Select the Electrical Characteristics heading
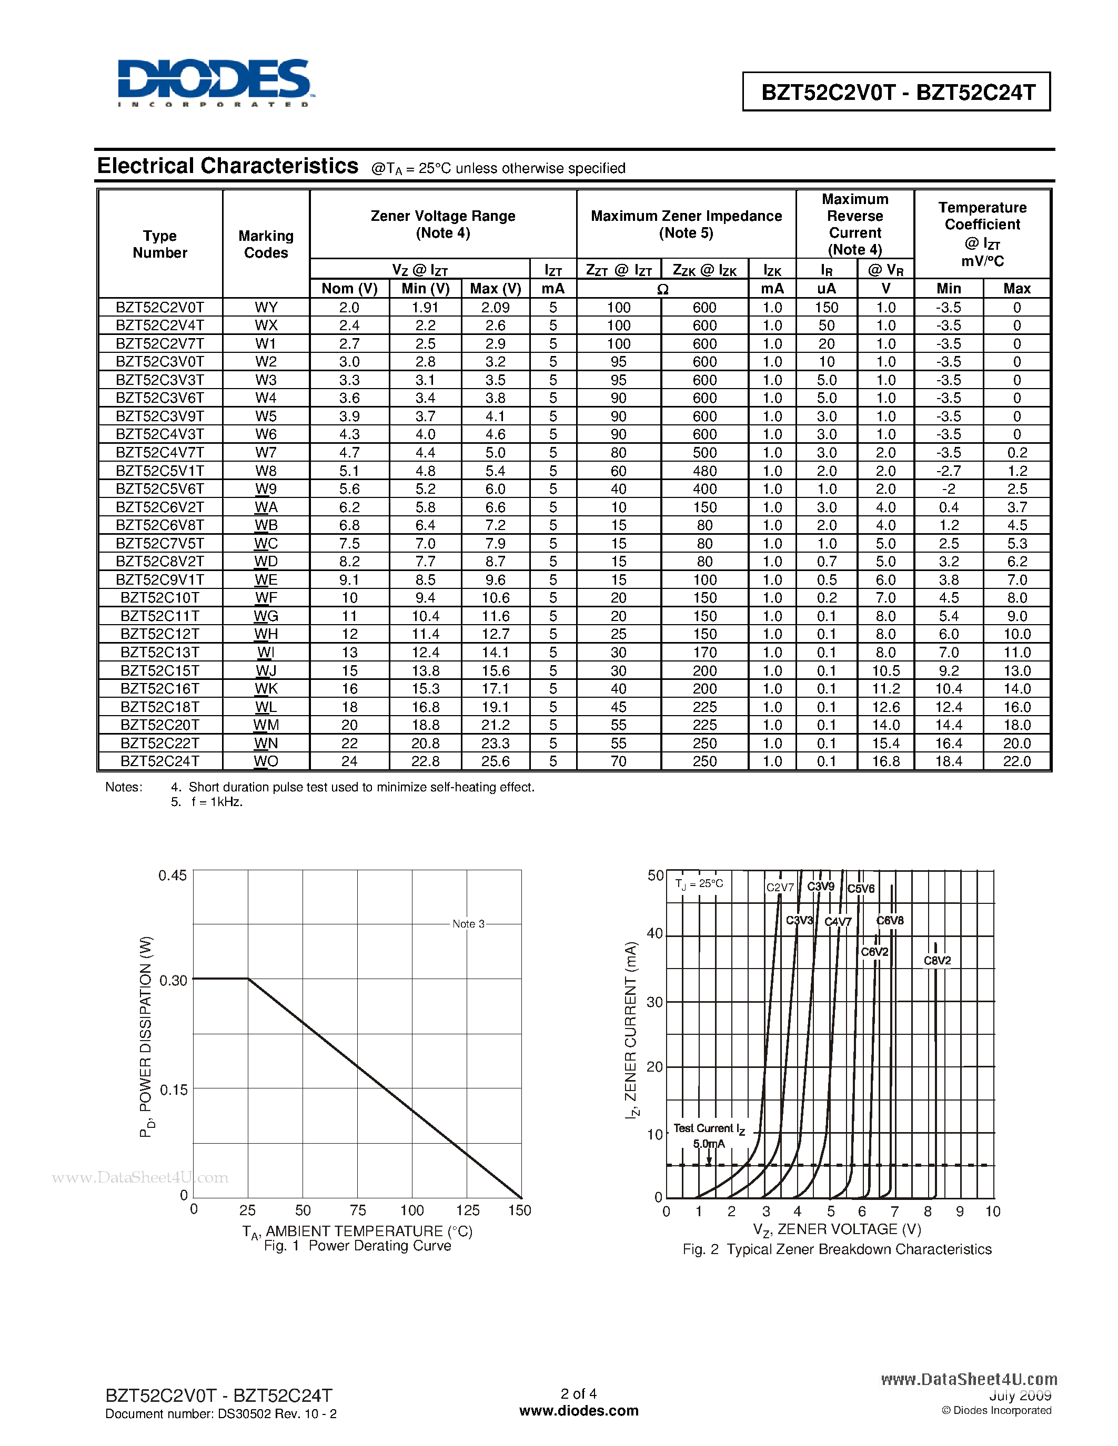point(227,166)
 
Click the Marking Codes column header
point(266,245)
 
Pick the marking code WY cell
point(266,307)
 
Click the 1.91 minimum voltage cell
point(425,307)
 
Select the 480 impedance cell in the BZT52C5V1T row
point(704,471)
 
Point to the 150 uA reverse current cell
point(826,307)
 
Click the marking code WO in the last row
point(266,761)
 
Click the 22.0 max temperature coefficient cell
point(1016,761)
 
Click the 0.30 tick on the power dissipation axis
point(173,981)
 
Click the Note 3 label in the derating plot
point(468,924)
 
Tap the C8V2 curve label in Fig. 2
point(936,961)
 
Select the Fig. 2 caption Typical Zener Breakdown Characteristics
point(837,1249)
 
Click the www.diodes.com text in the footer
point(578,1411)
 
